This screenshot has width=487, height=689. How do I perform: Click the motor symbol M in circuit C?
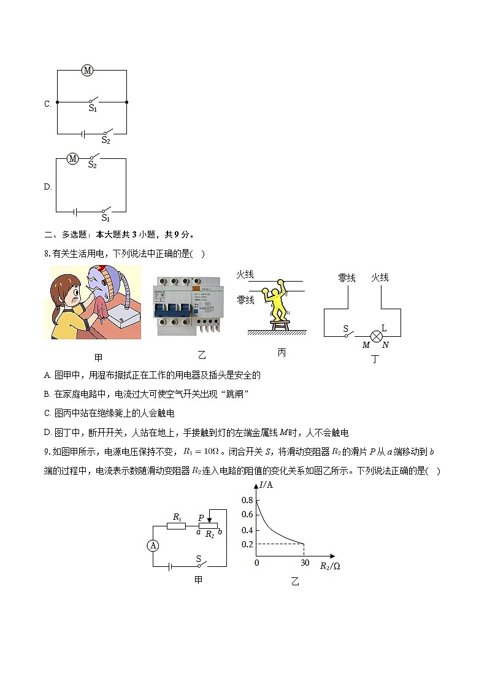pos(87,71)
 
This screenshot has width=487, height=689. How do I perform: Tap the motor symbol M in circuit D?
pos(72,159)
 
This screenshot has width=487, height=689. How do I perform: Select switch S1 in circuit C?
pos(93,101)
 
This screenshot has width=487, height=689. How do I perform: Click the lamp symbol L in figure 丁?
pos(378,336)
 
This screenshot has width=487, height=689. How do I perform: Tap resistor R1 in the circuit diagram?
pos(177,526)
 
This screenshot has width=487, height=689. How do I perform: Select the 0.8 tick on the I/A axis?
pos(247,500)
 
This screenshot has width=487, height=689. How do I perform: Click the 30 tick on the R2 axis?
pos(304,563)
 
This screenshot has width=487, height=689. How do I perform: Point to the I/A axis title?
pos(266,485)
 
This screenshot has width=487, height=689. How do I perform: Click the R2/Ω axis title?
pos(330,566)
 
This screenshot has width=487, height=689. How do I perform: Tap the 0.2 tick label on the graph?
pos(247,544)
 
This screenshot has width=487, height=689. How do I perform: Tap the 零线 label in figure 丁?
pos(347,278)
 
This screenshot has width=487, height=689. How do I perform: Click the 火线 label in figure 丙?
pos(245,275)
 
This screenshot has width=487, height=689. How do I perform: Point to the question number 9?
pos(47,452)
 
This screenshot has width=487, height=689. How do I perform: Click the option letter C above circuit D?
pos(47,104)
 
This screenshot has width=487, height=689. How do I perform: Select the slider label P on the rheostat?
pos(201,518)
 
